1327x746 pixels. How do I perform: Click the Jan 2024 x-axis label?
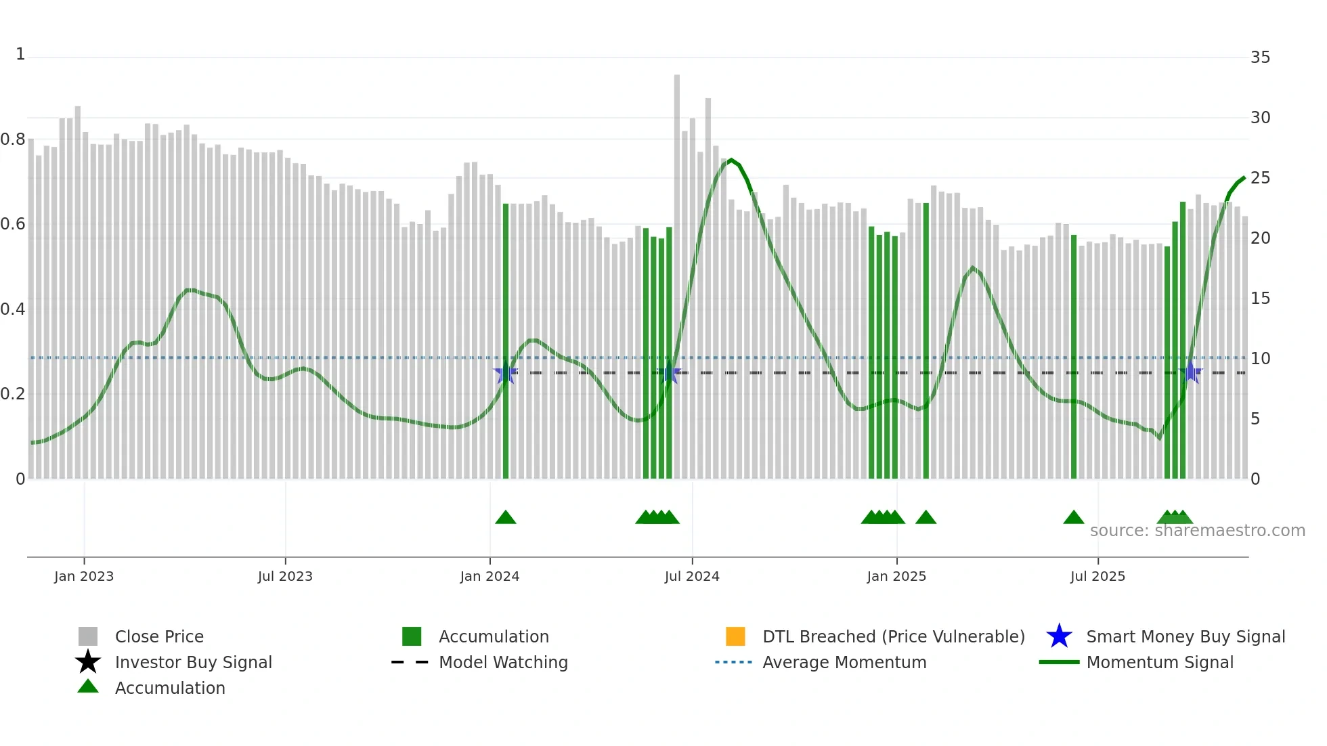[x=490, y=576]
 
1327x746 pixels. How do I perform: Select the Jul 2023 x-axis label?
[x=285, y=576]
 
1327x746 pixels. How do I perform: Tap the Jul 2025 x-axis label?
[x=1097, y=576]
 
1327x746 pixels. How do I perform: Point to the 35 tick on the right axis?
[x=1260, y=58]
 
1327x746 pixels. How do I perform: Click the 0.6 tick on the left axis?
[x=13, y=224]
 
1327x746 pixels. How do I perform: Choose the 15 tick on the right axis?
[x=1260, y=299]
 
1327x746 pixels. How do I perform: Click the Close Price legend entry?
[x=159, y=636]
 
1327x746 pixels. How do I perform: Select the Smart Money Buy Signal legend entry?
[x=1185, y=636]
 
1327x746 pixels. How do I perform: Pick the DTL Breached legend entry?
[x=893, y=636]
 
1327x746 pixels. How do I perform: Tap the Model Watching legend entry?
[x=503, y=662]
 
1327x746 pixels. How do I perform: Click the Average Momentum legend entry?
[x=844, y=662]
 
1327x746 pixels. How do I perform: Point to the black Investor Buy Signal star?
[x=88, y=662]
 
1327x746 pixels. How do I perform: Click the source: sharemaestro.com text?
[x=1197, y=531]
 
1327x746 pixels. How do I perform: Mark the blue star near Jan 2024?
[x=505, y=373]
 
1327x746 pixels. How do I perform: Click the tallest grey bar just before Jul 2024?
[x=676, y=271]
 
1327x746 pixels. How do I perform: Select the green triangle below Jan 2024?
[x=505, y=518]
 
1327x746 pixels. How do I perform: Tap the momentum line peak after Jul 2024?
[x=731, y=160]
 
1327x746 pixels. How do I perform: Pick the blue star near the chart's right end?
[x=1190, y=373]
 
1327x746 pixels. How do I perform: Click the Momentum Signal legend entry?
[x=1160, y=662]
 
